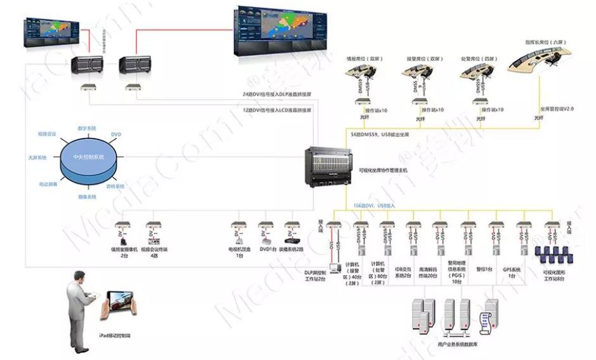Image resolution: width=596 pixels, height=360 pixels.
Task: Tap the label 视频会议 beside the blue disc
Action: (47, 134)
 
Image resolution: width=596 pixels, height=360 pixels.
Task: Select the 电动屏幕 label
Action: (48, 184)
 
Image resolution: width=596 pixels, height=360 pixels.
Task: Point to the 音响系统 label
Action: (115, 186)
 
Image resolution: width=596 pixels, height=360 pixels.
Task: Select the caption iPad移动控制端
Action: (119, 335)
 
